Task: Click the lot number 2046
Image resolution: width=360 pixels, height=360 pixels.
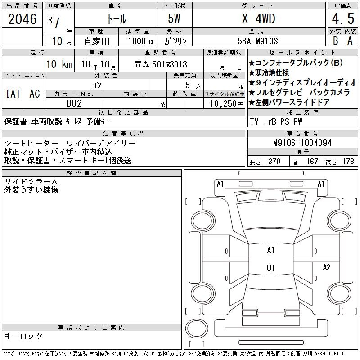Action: point(22,19)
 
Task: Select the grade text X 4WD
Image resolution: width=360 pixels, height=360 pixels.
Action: point(258,18)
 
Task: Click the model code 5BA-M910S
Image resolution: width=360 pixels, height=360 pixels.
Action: point(257,41)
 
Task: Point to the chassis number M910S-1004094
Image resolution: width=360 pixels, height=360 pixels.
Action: point(302,143)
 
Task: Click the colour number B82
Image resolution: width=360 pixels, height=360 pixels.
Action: point(74,103)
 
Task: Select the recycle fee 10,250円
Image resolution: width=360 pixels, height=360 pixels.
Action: point(227,104)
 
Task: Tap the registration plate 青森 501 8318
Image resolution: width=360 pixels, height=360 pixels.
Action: point(161,64)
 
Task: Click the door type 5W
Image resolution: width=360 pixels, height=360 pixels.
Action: point(174,18)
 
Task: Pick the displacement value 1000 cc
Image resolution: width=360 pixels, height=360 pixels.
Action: point(141,41)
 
